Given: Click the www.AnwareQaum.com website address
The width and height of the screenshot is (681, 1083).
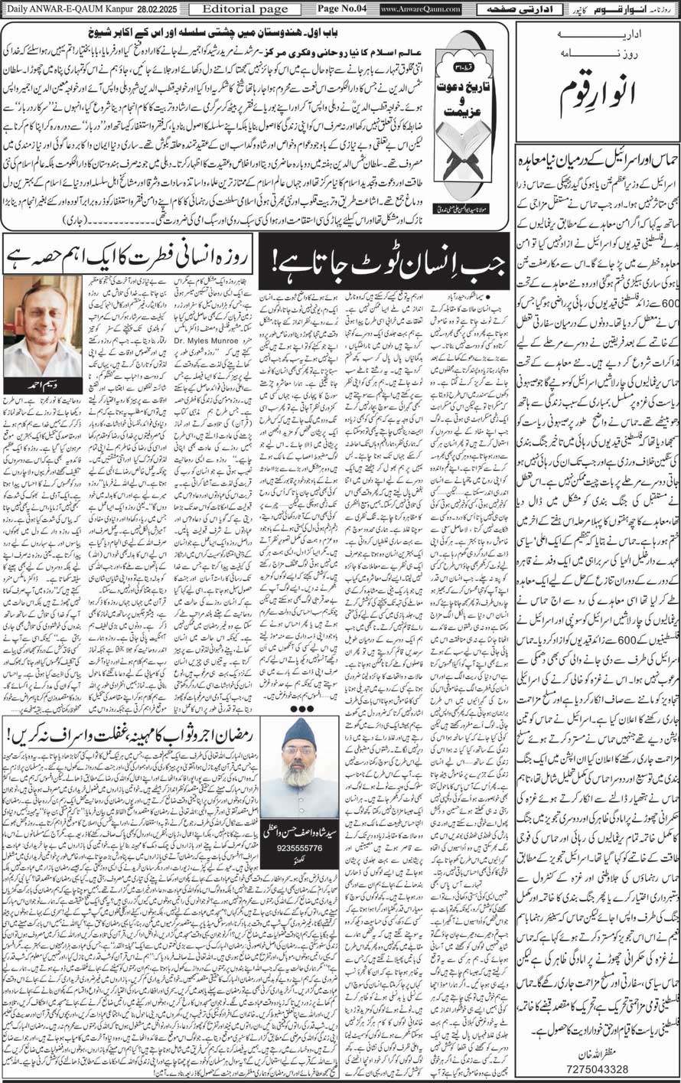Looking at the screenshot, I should click(x=421, y=8).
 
